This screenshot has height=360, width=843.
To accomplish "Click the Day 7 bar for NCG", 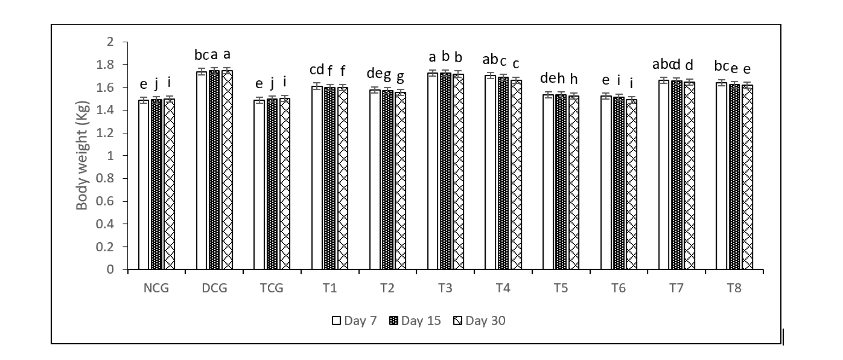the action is click(x=144, y=184).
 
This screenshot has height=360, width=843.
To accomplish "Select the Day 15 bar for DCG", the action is click(x=214, y=170).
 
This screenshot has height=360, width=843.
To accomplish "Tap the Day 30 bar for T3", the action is click(x=458, y=172).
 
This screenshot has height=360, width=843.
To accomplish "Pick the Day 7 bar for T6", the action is click(x=605, y=182).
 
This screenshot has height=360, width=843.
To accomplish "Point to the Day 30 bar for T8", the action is click(x=746, y=177).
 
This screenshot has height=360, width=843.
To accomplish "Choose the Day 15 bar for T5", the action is click(x=561, y=182).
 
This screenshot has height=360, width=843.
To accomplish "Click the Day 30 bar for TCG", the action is click(x=284, y=184).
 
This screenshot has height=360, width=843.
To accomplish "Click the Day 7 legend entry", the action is click(x=354, y=321).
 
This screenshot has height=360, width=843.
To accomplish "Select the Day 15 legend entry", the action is click(x=415, y=321).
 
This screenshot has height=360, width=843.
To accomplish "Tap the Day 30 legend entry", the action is click(x=479, y=321).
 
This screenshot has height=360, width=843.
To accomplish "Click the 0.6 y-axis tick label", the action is click(x=105, y=201).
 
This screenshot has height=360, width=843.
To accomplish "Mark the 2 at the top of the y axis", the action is click(x=110, y=42).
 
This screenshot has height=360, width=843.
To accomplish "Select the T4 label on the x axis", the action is click(x=503, y=288).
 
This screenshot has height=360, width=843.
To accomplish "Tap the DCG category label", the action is click(x=214, y=288).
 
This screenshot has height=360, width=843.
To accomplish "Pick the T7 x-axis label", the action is click(x=676, y=288).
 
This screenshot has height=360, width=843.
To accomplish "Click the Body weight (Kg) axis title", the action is click(x=82, y=155).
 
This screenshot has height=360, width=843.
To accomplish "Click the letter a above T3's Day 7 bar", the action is click(x=433, y=57).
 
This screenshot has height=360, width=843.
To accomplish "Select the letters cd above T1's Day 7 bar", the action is click(x=316, y=69).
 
